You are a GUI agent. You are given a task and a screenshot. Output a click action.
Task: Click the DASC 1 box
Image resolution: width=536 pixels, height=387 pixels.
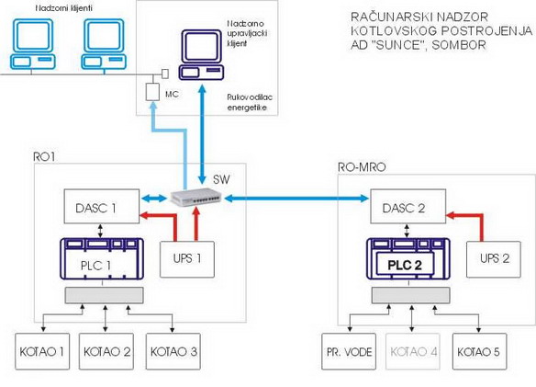click(x=102, y=206)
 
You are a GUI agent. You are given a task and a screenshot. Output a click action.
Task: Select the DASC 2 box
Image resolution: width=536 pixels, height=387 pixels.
click(x=408, y=206)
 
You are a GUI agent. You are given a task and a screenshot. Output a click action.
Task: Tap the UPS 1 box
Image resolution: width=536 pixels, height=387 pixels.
click(x=187, y=259)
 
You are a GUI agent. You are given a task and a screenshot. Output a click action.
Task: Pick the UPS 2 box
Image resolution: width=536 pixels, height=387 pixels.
click(x=494, y=259)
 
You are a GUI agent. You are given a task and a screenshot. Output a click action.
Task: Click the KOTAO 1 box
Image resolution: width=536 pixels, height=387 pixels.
click(x=42, y=351)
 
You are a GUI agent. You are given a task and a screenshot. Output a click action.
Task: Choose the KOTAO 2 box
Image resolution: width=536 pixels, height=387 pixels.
click(x=106, y=351)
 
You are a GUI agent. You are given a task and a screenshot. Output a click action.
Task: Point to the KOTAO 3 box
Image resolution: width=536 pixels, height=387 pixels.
click(x=173, y=351)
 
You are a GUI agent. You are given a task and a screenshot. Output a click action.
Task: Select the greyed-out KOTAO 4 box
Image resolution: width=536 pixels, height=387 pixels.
click(x=413, y=351)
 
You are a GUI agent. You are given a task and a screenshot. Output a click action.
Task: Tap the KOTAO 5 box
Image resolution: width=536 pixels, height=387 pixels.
click(x=480, y=351)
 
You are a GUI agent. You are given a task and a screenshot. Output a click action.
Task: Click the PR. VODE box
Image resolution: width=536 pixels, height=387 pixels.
click(x=349, y=351)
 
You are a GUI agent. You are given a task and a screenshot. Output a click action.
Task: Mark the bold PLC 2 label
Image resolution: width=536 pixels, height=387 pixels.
click(x=405, y=265)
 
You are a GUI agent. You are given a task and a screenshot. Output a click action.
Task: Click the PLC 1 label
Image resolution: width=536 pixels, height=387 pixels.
click(x=95, y=266)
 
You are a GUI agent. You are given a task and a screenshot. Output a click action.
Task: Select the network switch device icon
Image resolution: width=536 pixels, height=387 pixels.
click(x=196, y=197)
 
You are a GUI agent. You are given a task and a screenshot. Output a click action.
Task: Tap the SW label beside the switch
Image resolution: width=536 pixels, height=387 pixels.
click(x=221, y=179)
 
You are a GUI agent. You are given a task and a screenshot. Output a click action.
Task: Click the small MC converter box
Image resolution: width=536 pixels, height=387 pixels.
click(x=152, y=92)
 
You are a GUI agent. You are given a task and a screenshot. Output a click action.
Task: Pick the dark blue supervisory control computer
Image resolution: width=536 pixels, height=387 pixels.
click(x=202, y=55)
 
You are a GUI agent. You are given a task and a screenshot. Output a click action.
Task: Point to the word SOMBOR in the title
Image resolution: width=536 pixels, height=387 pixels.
click(x=459, y=45)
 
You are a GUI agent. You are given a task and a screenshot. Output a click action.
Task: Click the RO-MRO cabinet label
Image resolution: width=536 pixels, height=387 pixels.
click(x=362, y=167)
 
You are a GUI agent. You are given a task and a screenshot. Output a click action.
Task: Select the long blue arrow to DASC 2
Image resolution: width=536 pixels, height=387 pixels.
click(x=296, y=198)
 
